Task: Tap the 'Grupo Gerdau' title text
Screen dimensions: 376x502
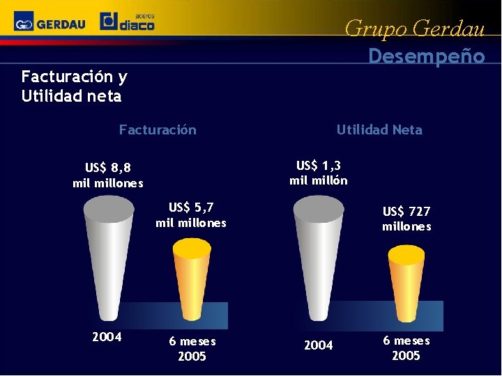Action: click(414, 29)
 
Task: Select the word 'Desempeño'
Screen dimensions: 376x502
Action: click(426, 56)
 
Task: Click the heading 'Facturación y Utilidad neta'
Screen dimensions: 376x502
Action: click(74, 86)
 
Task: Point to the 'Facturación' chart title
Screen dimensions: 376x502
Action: click(158, 130)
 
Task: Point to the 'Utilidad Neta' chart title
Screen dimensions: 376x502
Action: click(379, 130)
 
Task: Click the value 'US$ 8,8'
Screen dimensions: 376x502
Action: click(108, 167)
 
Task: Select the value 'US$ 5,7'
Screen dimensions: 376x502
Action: click(191, 207)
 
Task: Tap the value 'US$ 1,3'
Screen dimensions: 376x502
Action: click(319, 166)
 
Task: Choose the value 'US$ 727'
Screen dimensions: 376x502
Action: click(406, 211)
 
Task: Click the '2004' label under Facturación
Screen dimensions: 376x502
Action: click(107, 337)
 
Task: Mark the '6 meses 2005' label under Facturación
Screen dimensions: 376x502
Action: click(192, 349)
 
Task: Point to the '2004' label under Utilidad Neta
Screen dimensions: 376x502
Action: click(319, 345)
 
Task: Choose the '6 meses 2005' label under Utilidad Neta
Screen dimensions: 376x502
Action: click(406, 348)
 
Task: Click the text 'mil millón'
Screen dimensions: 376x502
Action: click(319, 181)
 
